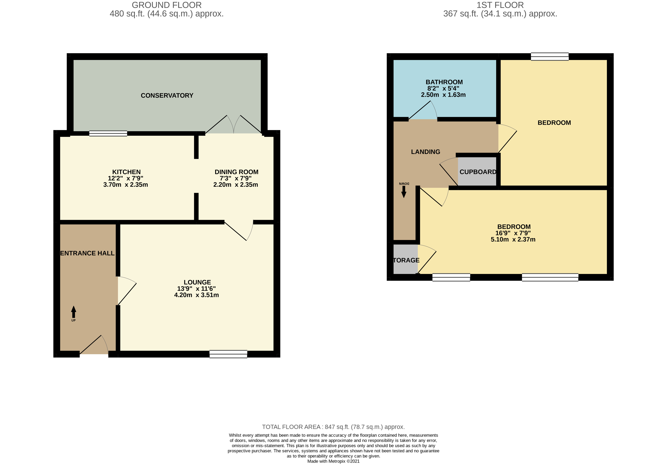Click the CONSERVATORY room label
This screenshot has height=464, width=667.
pyautogui.click(x=167, y=95)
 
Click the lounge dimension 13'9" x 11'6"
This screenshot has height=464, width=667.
pyautogui.click(x=196, y=288)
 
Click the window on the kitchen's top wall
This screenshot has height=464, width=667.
pyautogui.click(x=108, y=134)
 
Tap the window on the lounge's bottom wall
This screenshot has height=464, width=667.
pyautogui.click(x=228, y=354)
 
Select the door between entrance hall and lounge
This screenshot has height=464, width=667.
pyautogui.click(x=126, y=290)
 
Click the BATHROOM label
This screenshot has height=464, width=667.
pyautogui.click(x=444, y=82)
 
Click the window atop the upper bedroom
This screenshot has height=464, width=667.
pyautogui.click(x=550, y=57)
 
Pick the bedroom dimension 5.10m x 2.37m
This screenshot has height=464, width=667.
pyautogui.click(x=513, y=240)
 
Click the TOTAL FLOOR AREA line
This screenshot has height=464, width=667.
pyautogui.click(x=333, y=427)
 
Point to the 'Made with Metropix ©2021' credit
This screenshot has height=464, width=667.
pyautogui.click(x=333, y=461)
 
